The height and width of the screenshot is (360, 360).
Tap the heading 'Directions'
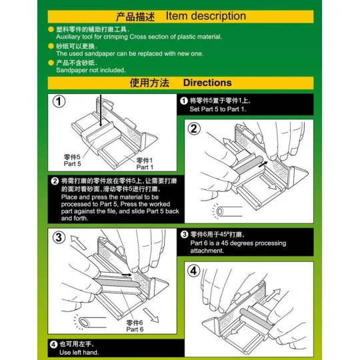(207, 83)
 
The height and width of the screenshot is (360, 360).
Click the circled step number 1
(59, 102)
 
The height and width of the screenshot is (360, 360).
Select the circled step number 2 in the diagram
(194, 129)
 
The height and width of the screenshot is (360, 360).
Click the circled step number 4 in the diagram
(193, 271)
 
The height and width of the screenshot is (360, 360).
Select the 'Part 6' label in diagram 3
(135, 329)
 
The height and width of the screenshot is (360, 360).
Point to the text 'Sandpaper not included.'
(91, 69)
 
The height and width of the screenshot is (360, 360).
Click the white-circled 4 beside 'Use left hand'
(53, 345)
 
